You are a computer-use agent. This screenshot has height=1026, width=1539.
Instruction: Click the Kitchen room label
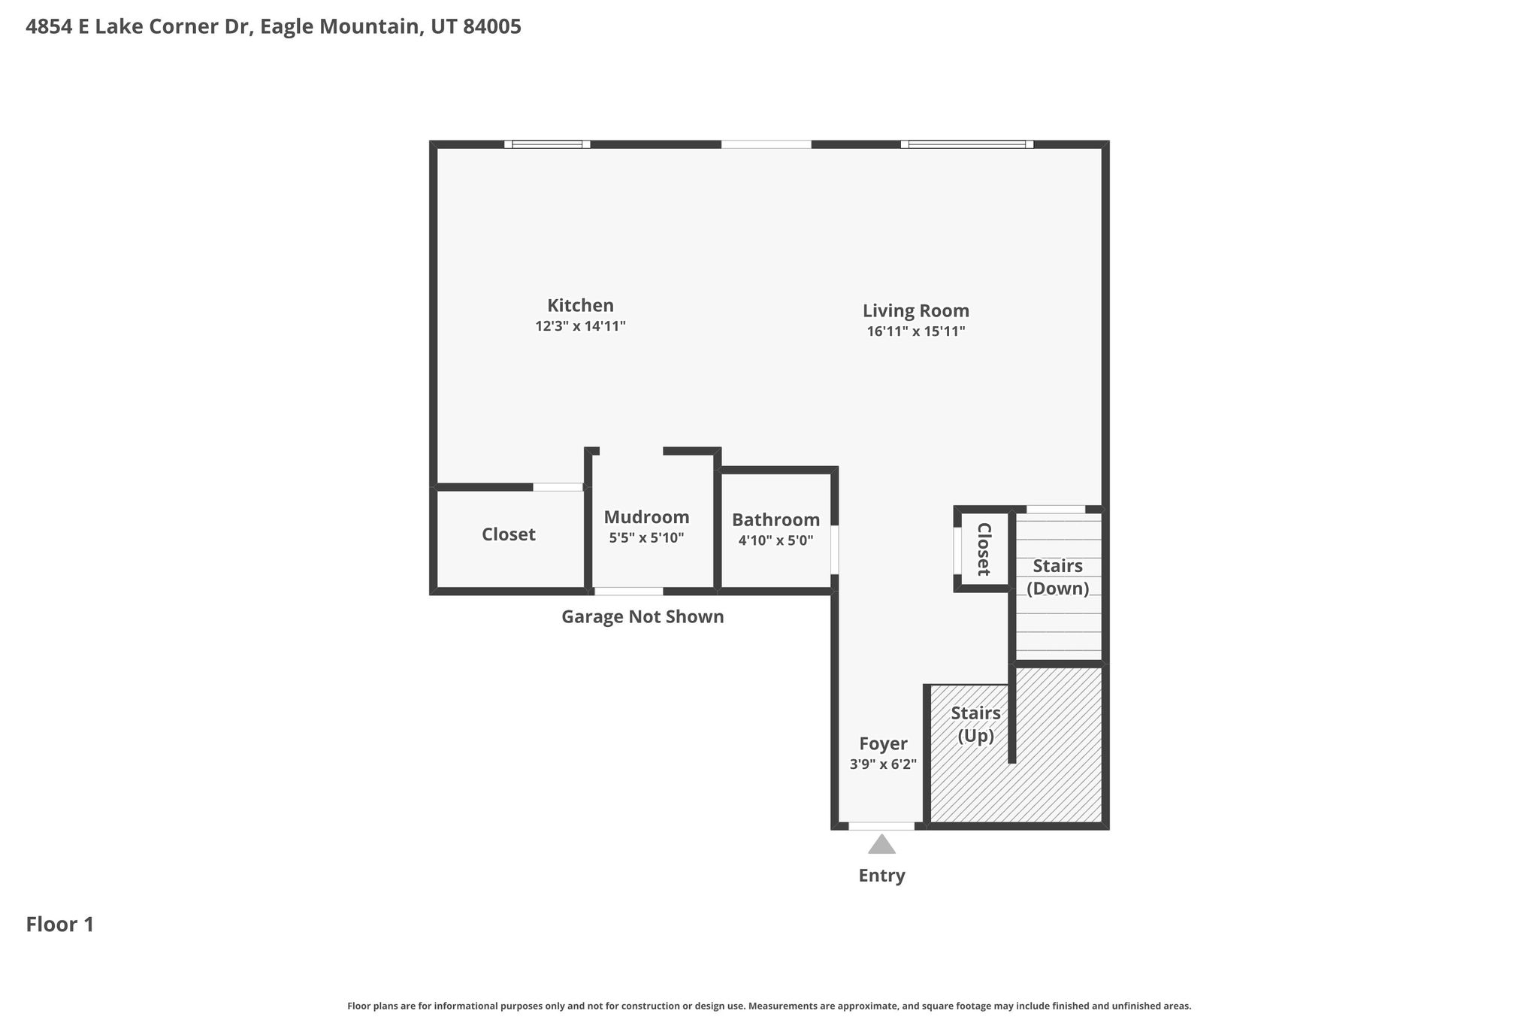580,306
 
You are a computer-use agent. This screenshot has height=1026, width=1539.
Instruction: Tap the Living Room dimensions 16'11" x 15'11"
915,331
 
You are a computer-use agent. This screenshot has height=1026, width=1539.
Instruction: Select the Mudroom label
646,517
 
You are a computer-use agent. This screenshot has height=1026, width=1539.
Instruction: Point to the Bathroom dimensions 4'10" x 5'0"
776,540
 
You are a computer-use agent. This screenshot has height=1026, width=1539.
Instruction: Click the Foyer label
883,744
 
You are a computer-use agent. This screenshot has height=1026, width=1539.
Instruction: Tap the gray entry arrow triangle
881,844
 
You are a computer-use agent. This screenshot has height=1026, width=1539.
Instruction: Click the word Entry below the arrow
881,876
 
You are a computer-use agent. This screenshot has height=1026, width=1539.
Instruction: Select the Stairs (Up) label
975,724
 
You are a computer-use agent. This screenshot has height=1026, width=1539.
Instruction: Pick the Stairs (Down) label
1057,577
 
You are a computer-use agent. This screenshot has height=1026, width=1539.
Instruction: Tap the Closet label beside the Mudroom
508,534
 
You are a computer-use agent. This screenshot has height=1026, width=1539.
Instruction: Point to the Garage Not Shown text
643,616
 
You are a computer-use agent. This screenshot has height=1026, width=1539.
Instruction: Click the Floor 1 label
60,925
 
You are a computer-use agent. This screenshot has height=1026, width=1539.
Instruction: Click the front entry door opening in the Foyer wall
881,826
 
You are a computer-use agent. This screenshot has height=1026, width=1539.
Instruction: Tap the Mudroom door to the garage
629,592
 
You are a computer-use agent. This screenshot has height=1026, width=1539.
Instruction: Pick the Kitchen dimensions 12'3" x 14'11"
580,326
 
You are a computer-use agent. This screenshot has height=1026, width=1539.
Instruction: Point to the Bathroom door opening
835,549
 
